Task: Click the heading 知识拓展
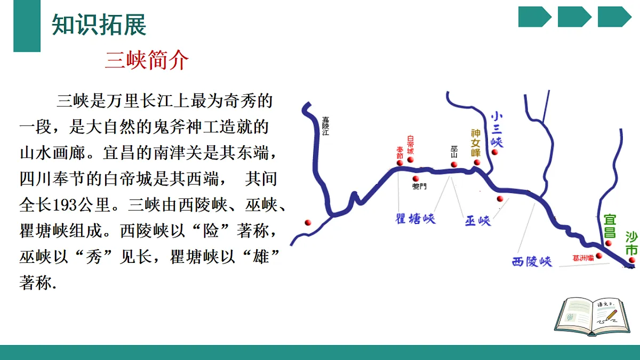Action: point(99,25)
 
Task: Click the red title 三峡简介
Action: point(147,61)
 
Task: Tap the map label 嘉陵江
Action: point(325,127)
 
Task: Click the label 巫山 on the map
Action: point(454,151)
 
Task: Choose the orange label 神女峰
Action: point(476,142)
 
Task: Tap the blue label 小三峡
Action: point(497,129)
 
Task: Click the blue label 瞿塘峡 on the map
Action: point(415,219)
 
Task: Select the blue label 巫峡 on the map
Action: point(477,221)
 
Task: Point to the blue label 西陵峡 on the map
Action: point(531,261)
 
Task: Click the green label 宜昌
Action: point(610,226)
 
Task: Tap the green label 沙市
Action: point(631,243)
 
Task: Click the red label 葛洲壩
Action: point(583,258)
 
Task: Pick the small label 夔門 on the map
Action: point(420,187)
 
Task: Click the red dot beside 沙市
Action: point(632,260)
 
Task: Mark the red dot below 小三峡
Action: point(495,152)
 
